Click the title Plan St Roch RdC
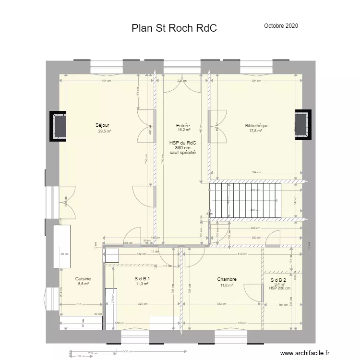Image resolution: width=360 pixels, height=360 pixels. pos(174,28)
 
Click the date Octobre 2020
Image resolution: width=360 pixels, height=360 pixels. pos(281,26)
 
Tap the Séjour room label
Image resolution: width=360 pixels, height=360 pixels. pos(103,125)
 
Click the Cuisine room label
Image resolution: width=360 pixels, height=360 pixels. pos(83,279)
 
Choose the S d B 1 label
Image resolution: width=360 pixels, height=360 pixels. pos(142,279)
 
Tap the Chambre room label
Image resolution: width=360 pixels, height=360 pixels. pos(227,279)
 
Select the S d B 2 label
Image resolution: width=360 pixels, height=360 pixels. pos(278,280)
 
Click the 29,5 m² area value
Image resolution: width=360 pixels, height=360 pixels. pos(105,131)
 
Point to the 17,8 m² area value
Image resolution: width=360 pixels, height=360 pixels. pos(256,131)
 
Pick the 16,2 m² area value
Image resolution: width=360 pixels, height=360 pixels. pos(184,130)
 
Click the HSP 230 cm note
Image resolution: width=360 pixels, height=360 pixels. pos(280,288)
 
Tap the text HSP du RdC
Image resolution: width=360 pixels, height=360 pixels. pos(183,143)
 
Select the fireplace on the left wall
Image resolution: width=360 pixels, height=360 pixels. pos(59,126)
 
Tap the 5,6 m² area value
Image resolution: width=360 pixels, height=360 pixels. pos(83,284)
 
